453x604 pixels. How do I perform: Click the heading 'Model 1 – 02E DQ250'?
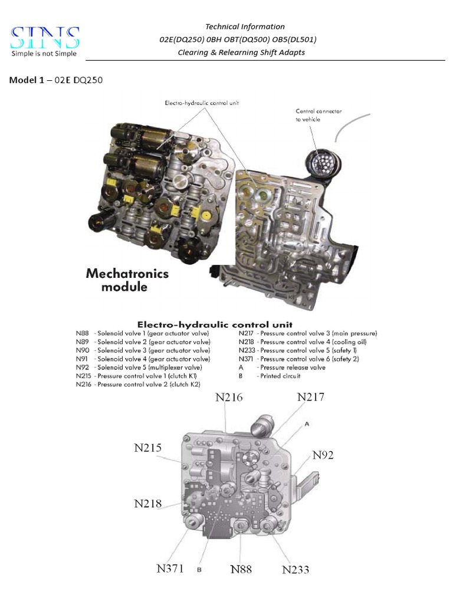coord(56,80)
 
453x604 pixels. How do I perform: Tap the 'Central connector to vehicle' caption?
coord(319,115)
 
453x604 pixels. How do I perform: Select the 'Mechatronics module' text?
coord(127,280)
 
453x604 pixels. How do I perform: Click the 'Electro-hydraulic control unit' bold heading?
coord(215,324)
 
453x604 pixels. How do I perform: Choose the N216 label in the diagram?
coord(229,397)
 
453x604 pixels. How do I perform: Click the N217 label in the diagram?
coord(311,397)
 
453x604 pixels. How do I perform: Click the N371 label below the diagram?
coord(170,569)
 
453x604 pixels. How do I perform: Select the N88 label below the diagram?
coord(241,569)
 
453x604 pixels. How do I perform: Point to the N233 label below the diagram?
coord(296,570)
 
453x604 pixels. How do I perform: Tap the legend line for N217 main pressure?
coord(307,333)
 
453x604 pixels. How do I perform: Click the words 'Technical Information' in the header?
coord(244,27)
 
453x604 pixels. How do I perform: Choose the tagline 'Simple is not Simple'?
coord(44,54)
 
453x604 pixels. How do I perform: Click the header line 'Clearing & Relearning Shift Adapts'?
coord(241,52)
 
